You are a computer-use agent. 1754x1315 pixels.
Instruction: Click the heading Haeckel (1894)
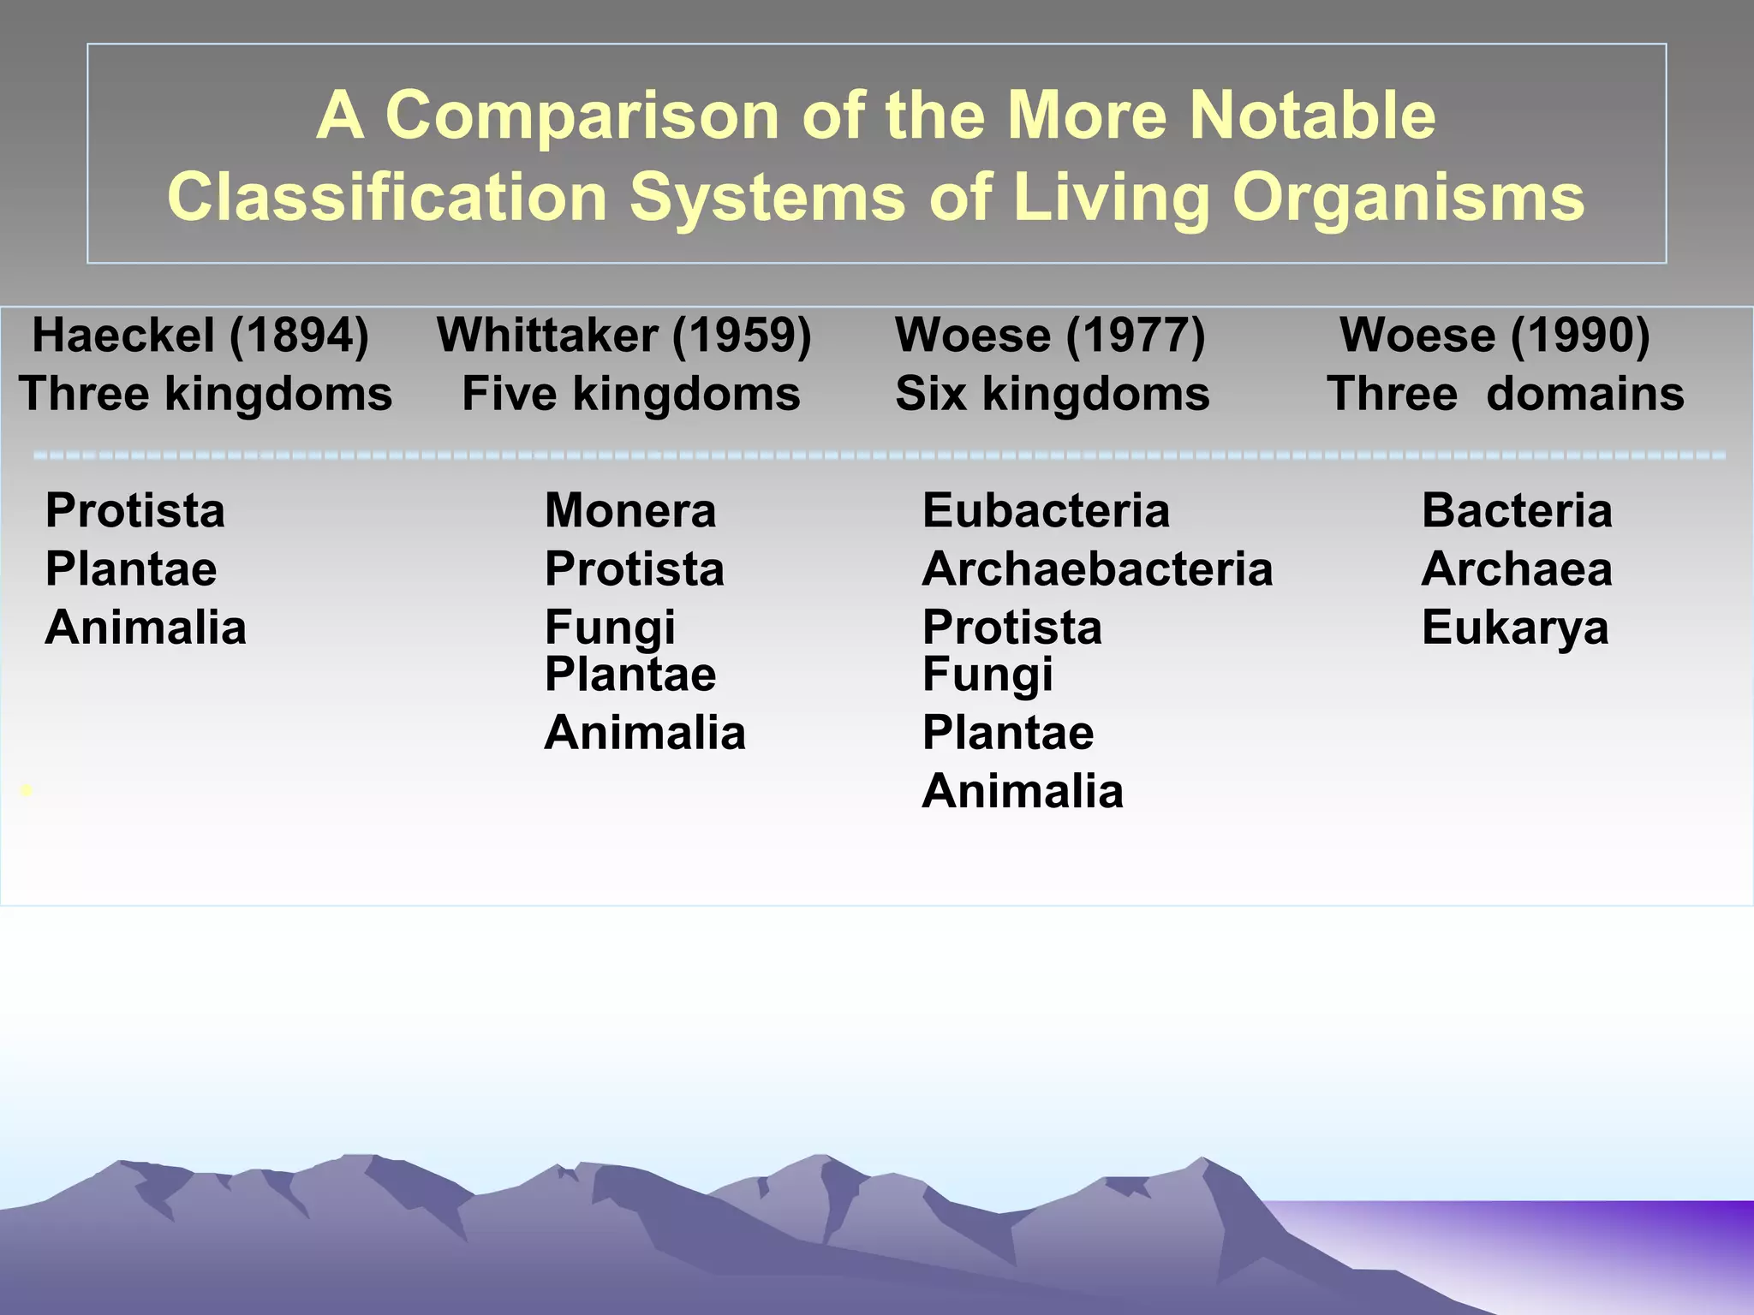pyautogui.click(x=200, y=335)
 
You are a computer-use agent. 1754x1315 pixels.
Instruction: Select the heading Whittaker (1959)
pyautogui.click(x=623, y=335)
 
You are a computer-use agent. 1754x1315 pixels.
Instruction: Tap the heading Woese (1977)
pyautogui.click(x=1050, y=335)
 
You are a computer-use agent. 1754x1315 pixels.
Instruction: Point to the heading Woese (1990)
pyautogui.click(x=1494, y=335)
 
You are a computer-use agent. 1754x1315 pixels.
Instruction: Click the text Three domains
pyautogui.click(x=1505, y=395)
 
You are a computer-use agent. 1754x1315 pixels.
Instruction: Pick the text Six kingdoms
pyautogui.click(x=1052, y=395)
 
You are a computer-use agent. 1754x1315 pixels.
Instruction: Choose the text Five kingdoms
pyautogui.click(x=630, y=395)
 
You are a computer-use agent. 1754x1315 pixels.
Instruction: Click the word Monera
pyautogui.click(x=630, y=511)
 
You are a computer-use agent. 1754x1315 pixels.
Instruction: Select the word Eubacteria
pyautogui.click(x=1046, y=511)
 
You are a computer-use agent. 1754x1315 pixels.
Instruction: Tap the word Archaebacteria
pyautogui.click(x=1097, y=569)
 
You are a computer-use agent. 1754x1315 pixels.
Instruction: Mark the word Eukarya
pyautogui.click(x=1515, y=628)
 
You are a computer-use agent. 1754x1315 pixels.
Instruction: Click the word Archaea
pyautogui.click(x=1517, y=569)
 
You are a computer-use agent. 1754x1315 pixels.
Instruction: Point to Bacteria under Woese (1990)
pyautogui.click(x=1517, y=511)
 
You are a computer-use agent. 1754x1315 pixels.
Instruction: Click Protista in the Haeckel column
pyautogui.click(x=135, y=511)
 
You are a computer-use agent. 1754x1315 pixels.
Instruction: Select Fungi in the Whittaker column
pyautogui.click(x=610, y=628)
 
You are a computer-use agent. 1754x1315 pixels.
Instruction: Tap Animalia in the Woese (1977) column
pyautogui.click(x=1023, y=791)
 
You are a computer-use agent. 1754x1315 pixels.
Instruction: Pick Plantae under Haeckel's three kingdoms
pyautogui.click(x=131, y=569)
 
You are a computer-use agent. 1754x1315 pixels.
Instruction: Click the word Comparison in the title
pyautogui.click(x=582, y=116)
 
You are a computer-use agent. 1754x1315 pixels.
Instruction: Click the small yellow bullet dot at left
pyautogui.click(x=27, y=791)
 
